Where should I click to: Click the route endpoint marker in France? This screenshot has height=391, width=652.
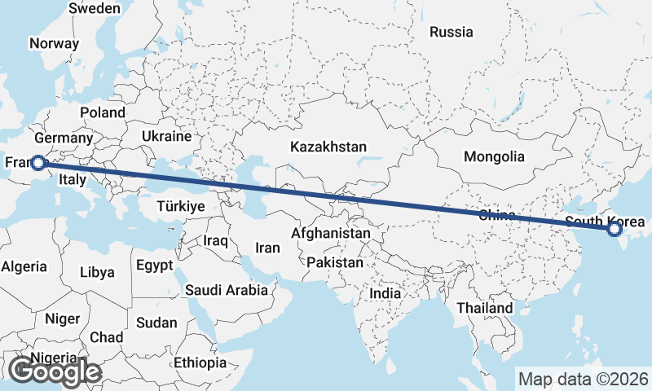tap(37, 163)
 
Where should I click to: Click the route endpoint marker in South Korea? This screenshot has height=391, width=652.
tap(615, 231)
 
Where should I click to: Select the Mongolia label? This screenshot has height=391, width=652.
tap(494, 156)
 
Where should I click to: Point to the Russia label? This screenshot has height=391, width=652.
tap(451, 33)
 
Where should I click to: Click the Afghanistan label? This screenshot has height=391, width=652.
tap(330, 233)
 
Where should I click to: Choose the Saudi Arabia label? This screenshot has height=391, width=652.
tap(226, 289)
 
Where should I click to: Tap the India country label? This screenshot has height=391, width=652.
tap(385, 293)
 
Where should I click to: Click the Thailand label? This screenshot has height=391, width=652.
tap(484, 308)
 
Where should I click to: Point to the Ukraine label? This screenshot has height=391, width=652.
tap(166, 136)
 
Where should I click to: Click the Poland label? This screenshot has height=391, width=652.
tap(103, 112)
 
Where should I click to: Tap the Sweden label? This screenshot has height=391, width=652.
tap(95, 8)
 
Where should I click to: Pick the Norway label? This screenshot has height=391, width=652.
tap(54, 44)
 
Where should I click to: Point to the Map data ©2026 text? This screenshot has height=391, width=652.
tap(583, 379)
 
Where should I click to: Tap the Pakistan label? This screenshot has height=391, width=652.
tap(335, 262)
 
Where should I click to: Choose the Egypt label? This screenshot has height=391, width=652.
tap(154, 266)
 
